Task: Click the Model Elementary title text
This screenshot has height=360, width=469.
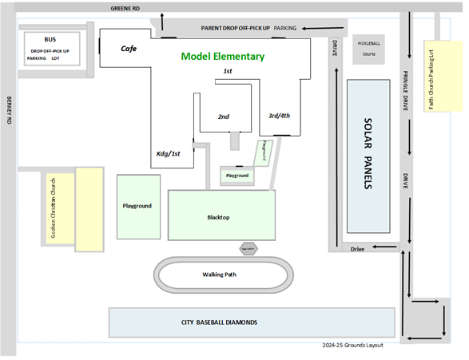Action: coord(222,57)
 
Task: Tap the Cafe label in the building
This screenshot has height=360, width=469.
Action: coord(129,49)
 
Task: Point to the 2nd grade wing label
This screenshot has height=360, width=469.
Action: coord(224,117)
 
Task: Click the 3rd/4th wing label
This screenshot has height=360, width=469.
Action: coord(279,116)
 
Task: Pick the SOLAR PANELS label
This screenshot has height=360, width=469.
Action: coord(368,154)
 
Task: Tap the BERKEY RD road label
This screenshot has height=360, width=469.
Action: coord(9,113)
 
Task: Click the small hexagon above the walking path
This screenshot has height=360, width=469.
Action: coord(247,249)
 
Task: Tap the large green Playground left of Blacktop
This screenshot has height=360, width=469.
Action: coord(137,206)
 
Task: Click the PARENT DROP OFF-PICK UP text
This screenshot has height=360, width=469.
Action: coord(236,28)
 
